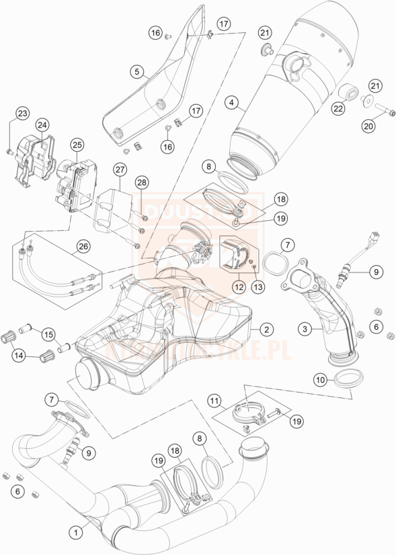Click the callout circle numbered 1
(77, 532)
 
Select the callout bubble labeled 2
(267, 330)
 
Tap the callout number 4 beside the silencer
(231, 103)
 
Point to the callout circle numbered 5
(136, 70)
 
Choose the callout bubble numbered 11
(215, 402)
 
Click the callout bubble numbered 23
(22, 113)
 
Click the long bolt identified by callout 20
(380, 109)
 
